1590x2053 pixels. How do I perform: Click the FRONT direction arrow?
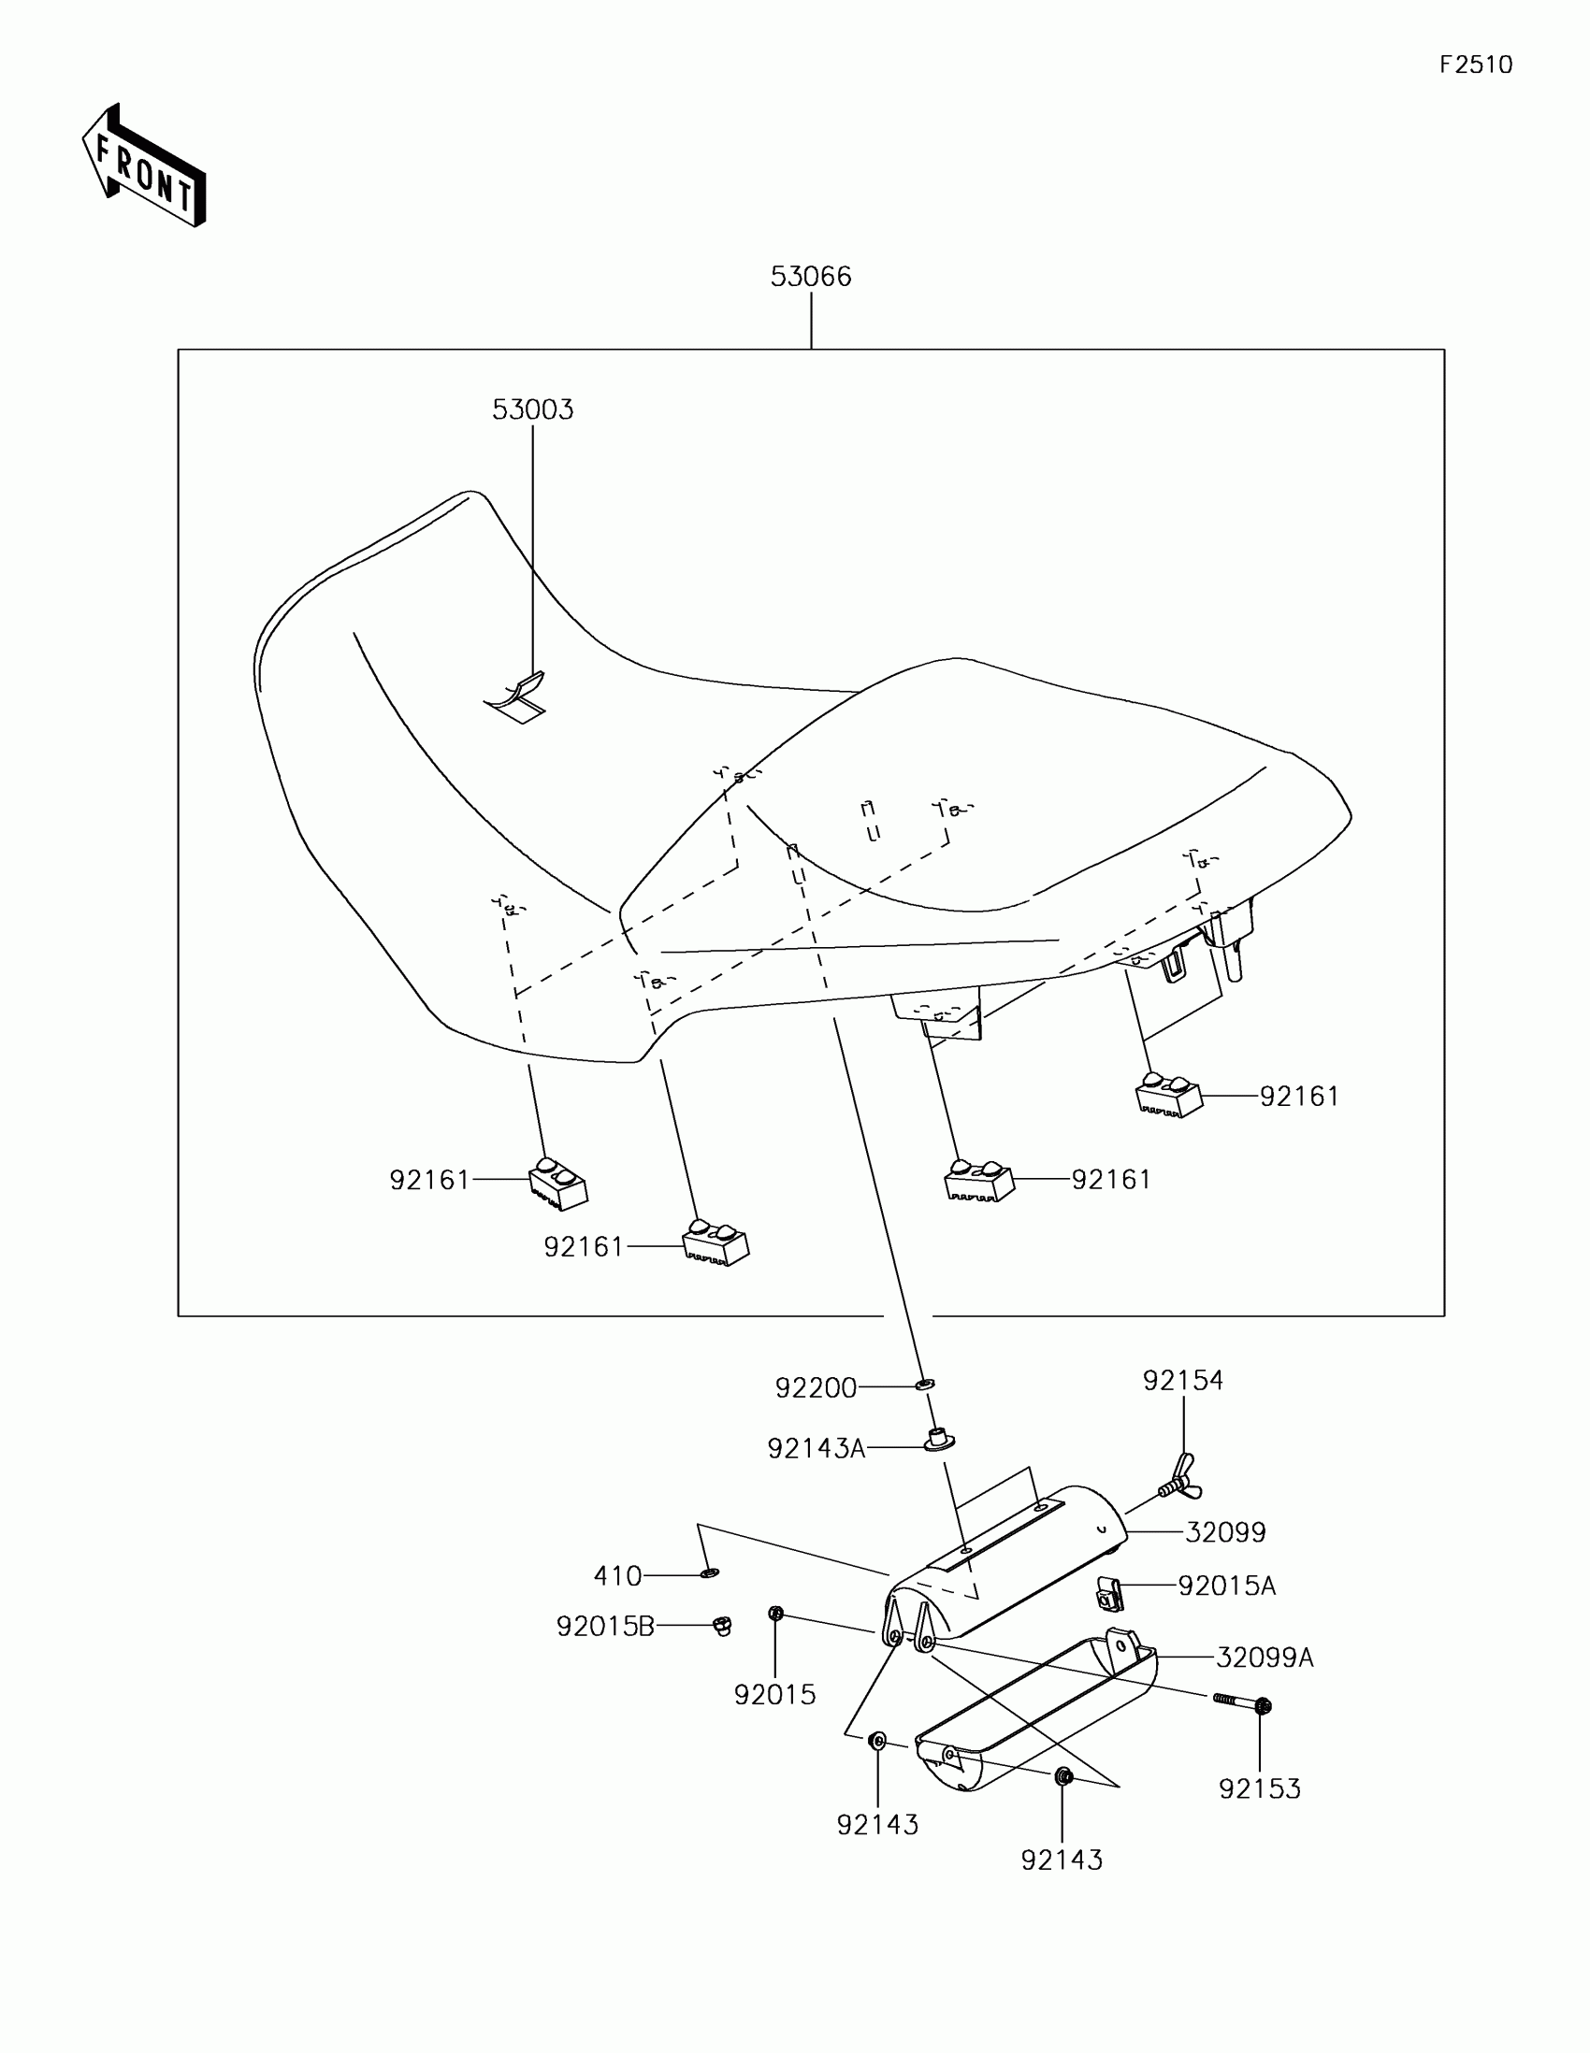tap(143, 165)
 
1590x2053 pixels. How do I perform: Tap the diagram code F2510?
tap(1475, 65)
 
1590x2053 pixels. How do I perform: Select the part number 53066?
tap(811, 277)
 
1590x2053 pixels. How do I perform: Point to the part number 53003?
tap(532, 409)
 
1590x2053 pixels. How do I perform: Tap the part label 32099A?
tap(1264, 1658)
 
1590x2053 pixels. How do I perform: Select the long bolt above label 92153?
tap(1241, 1701)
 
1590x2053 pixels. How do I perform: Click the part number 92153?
tap(1259, 1787)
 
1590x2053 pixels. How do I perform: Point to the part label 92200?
tap(816, 1388)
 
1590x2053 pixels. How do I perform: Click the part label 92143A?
tap(816, 1448)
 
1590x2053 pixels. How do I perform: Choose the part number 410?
tap(616, 1575)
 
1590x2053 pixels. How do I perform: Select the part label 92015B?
tap(604, 1627)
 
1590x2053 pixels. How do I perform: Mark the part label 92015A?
tap(1226, 1586)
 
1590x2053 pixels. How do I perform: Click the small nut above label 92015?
tap(775, 1614)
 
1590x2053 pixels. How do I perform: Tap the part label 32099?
tap(1225, 1532)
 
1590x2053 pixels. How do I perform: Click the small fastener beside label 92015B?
tap(722, 1625)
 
